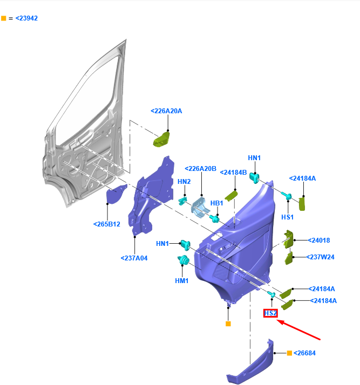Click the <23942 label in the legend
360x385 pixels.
pyautogui.click(x=26, y=18)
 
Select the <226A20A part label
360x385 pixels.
pyautogui.click(x=166, y=111)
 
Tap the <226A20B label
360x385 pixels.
pyautogui.click(x=200, y=169)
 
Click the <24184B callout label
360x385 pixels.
pyautogui.click(x=233, y=173)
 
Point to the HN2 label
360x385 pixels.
pyautogui.click(x=184, y=182)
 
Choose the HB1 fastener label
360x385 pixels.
pyautogui.click(x=216, y=203)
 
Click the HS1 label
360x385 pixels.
pyautogui.click(x=287, y=217)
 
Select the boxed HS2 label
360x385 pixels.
pyautogui.click(x=270, y=313)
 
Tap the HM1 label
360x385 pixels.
pyautogui.click(x=181, y=281)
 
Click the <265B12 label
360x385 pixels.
pyautogui.click(x=107, y=224)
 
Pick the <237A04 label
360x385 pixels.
pyautogui.click(x=134, y=258)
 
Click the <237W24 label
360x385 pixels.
pyautogui.click(x=321, y=257)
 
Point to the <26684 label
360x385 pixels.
pyautogui.click(x=304, y=353)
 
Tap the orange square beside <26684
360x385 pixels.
pyautogui.click(x=289, y=353)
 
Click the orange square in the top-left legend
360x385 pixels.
pyautogui.click(x=4, y=18)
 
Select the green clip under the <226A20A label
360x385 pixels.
pyautogui.click(x=162, y=139)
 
